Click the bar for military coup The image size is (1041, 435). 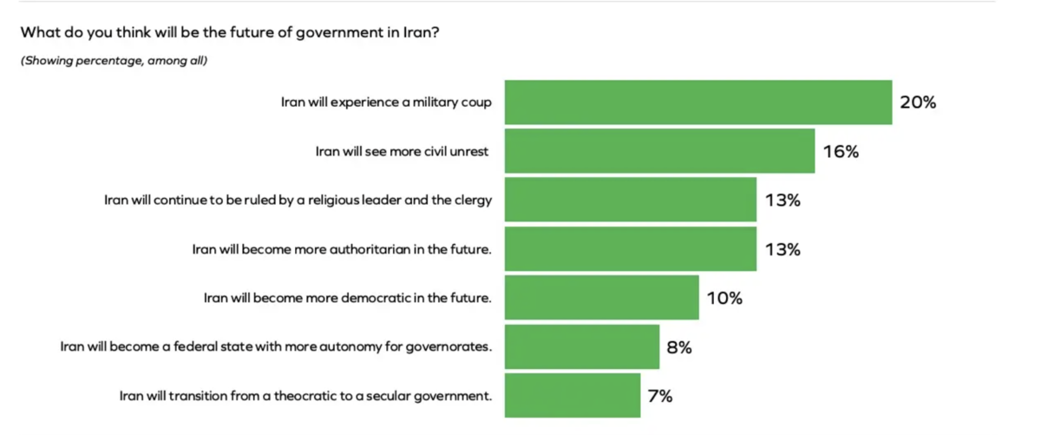[698, 102]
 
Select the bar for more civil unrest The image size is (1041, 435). [659, 151]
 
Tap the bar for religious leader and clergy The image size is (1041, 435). [631, 200]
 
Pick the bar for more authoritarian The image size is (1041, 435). [631, 249]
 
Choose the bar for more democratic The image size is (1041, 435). [601, 298]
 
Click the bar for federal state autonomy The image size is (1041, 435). [582, 347]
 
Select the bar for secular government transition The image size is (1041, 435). [573, 396]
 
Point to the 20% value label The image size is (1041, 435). [918, 102]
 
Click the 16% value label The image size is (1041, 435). [840, 152]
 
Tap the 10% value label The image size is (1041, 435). [724, 299]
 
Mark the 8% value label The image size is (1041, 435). [679, 347]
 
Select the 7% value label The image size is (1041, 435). [660, 397]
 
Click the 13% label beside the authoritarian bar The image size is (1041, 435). [782, 250]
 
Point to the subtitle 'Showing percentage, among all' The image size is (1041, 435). [114, 61]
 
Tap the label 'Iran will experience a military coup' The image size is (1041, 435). [386, 102]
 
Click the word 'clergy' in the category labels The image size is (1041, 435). [473, 201]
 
